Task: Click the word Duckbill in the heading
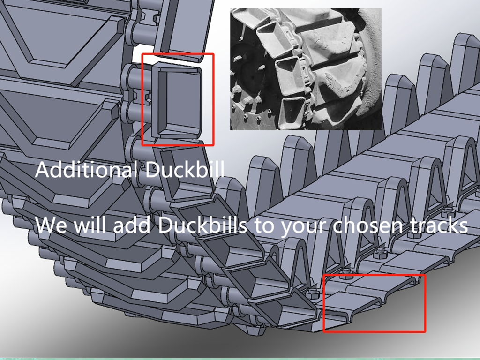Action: [x=185, y=169]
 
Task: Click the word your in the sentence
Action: [x=302, y=225]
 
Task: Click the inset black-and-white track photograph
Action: [x=306, y=69]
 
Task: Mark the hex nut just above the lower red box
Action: [x=346, y=273]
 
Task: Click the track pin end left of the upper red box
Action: [x=134, y=75]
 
